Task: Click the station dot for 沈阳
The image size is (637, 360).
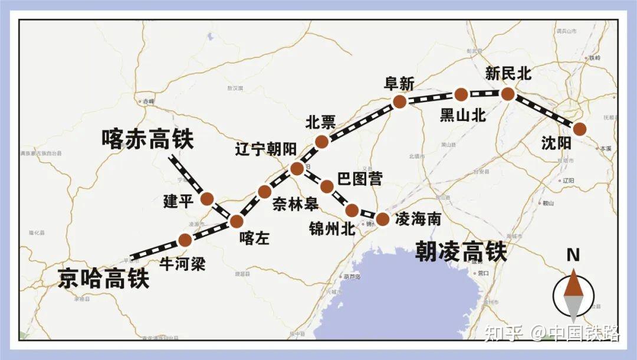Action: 580,129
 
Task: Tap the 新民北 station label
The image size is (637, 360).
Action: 508,74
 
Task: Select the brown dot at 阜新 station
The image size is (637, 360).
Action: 399,102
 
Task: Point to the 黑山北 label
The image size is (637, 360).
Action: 463,116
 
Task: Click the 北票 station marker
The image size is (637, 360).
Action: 321,141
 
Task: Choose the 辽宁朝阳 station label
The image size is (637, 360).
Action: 265,149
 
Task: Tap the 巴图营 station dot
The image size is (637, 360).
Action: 327,186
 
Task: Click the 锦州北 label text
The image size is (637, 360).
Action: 331,228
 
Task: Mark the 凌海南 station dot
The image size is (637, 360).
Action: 382,219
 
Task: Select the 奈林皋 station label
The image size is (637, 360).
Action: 295,204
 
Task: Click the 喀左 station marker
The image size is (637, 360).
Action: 237,221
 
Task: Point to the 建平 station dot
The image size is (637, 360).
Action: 206,199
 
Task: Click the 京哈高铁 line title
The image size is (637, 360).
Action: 104,279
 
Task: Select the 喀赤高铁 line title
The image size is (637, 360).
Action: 147,139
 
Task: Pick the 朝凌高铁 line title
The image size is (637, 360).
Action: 461,251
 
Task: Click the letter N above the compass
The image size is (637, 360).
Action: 572,256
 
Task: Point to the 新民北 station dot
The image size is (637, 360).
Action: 507,93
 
